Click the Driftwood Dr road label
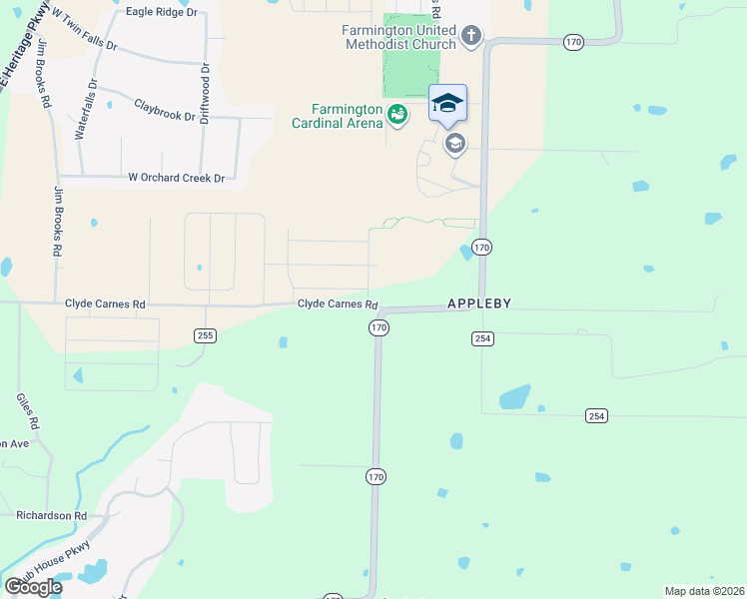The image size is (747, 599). click(x=204, y=93)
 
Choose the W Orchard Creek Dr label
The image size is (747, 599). click(x=177, y=177)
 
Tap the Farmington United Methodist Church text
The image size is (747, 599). click(x=399, y=38)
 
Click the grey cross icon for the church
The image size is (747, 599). click(x=471, y=38)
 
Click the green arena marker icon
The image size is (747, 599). click(x=397, y=115)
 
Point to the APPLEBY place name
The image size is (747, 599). click(x=478, y=302)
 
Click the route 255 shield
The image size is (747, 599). click(x=205, y=335)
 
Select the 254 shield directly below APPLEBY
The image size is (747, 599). click(x=482, y=339)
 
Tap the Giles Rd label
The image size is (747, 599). click(x=27, y=410)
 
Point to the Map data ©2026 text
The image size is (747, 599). click(x=705, y=591)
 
